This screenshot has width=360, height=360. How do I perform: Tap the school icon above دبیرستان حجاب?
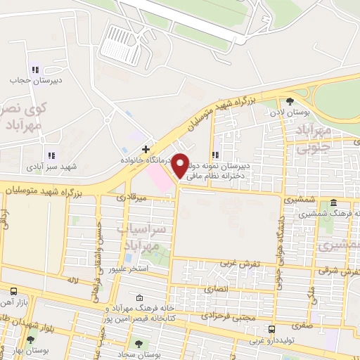(x=34, y=70)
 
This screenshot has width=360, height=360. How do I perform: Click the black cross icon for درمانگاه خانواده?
(x=146, y=149)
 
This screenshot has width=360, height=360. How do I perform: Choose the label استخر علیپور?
(x=128, y=268)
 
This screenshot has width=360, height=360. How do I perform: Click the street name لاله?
(x=70, y=280)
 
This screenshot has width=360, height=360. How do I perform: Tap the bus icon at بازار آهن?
(x=14, y=290)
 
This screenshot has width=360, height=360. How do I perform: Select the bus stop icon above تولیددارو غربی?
(x=272, y=328)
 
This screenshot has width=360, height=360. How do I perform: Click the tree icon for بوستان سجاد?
(x=138, y=345)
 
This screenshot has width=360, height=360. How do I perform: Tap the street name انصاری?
(x=217, y=288)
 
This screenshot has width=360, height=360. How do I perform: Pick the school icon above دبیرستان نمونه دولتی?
(x=216, y=155)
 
